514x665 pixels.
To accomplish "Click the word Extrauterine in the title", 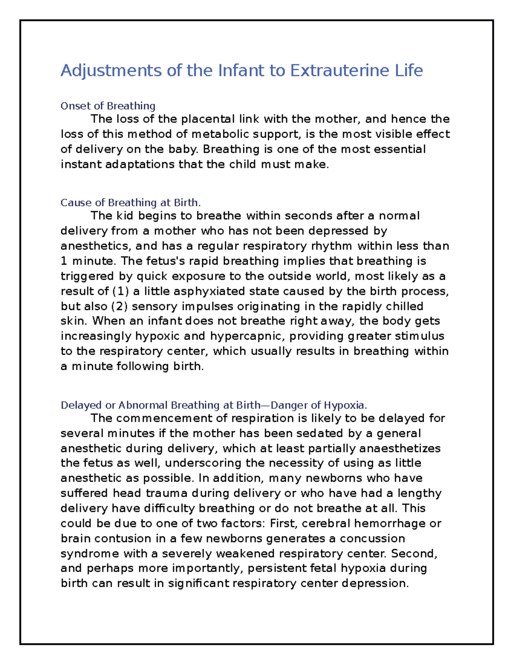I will (335, 70).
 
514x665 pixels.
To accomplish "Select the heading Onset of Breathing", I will (108, 106).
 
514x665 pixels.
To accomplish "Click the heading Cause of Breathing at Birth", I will (131, 203).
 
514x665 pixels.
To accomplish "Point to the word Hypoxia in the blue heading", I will (345, 405).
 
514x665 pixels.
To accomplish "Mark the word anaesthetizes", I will (400, 448).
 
